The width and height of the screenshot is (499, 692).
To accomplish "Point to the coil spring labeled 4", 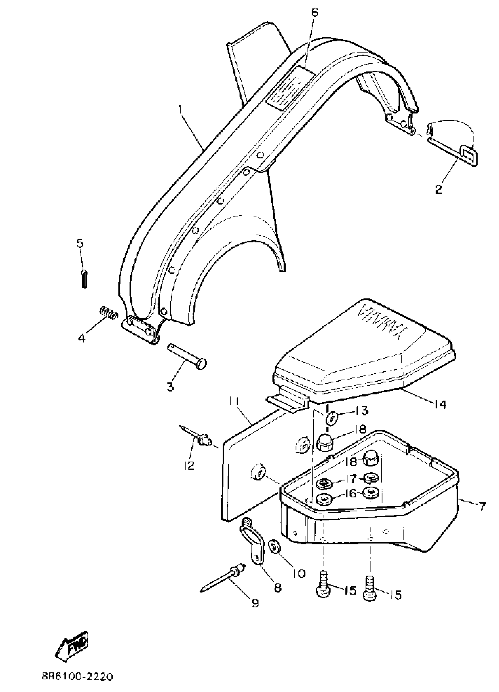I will (109, 313).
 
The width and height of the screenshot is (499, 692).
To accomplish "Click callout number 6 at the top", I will (315, 13).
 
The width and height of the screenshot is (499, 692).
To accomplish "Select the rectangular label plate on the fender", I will (290, 87).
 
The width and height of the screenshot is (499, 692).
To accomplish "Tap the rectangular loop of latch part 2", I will (469, 154).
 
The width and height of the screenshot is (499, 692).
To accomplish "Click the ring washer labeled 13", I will (331, 418).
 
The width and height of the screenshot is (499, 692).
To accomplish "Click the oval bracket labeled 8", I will (252, 539).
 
